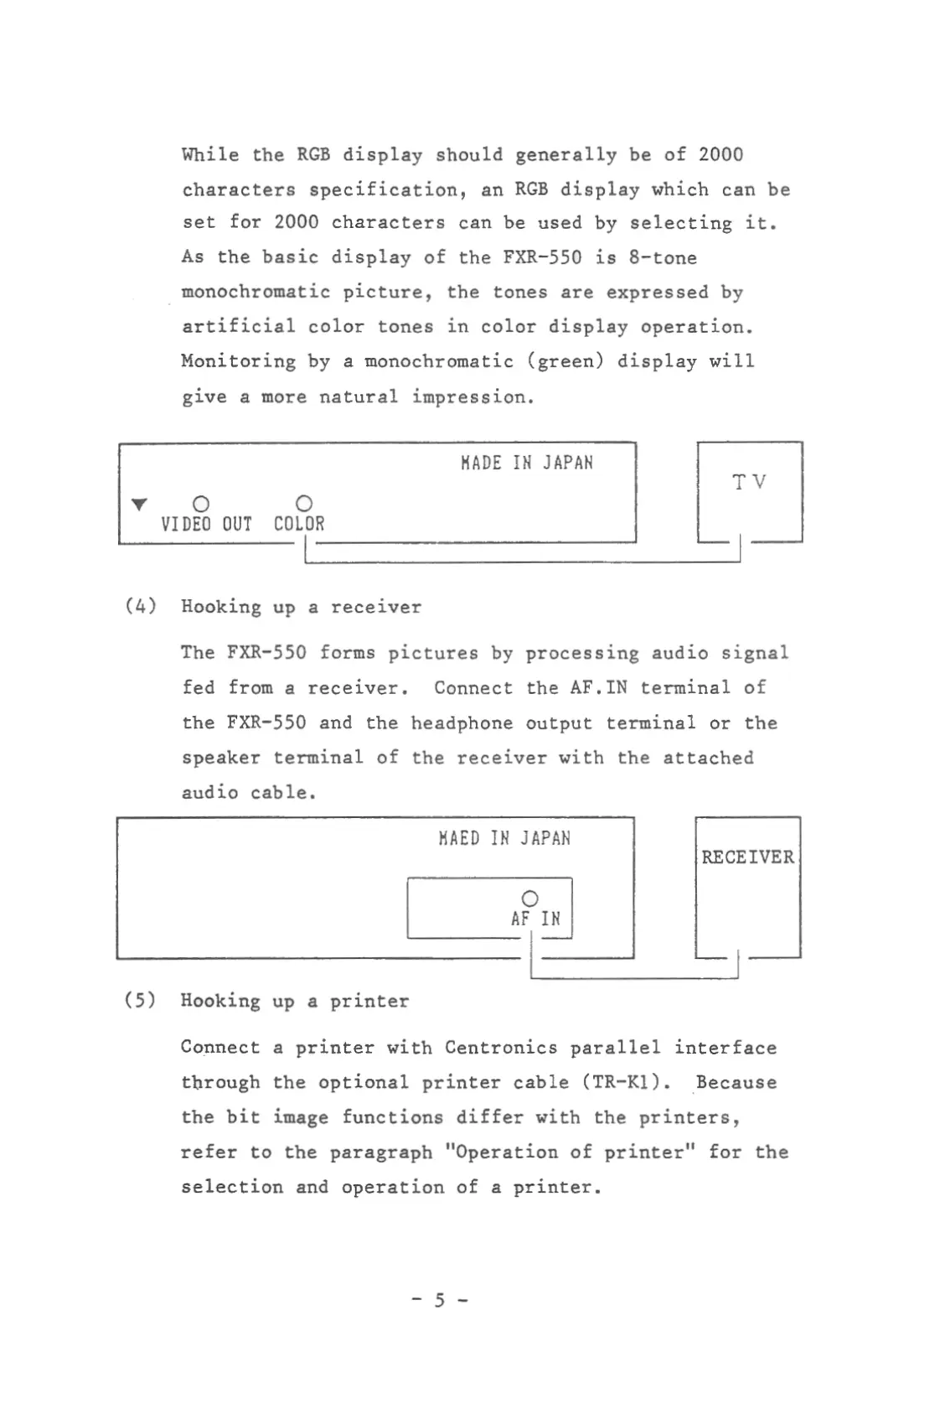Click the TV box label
pos(749,482)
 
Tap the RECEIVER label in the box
pos(747,857)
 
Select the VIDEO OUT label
pos(206,524)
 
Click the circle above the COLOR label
pos(304,503)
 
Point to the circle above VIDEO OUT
pos(201,504)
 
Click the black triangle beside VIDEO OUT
pos(140,504)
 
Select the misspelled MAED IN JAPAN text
pos(504,838)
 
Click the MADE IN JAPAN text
pos(526,463)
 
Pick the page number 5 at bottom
pos(440,1300)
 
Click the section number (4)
pos(141,606)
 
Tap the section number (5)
pos(140,1000)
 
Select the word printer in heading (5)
pos(369,1001)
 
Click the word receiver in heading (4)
pos(375,607)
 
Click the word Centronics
pos(500,1048)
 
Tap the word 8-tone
pos(663,257)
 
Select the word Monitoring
pos(238,362)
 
